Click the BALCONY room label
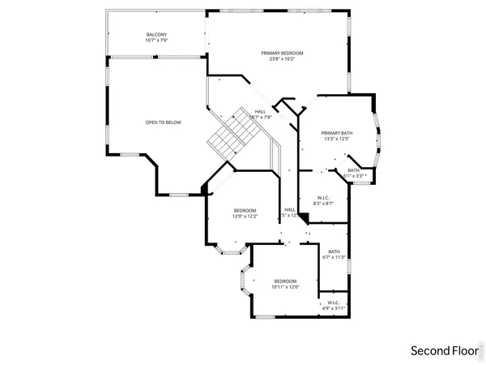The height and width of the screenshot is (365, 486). [x=156, y=34]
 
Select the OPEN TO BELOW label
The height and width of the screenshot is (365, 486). [x=163, y=122]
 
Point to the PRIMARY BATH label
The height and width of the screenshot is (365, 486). [x=336, y=132]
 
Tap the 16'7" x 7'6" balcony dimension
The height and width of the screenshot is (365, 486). [x=156, y=41]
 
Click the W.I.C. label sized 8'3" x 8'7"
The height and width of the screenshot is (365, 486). [x=323, y=197]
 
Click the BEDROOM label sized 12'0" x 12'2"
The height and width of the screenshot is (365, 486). [x=245, y=210]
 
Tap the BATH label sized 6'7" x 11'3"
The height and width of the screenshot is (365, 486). [x=334, y=251]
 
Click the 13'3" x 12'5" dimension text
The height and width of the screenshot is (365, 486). [x=336, y=139]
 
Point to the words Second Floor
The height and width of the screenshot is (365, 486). [x=442, y=350]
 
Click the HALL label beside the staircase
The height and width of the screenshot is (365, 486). [x=260, y=111]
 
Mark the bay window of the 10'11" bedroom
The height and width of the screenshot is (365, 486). [x=242, y=284]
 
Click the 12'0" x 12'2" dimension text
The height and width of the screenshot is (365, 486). [x=245, y=217]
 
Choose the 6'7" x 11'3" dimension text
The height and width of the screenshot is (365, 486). [x=334, y=258]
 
